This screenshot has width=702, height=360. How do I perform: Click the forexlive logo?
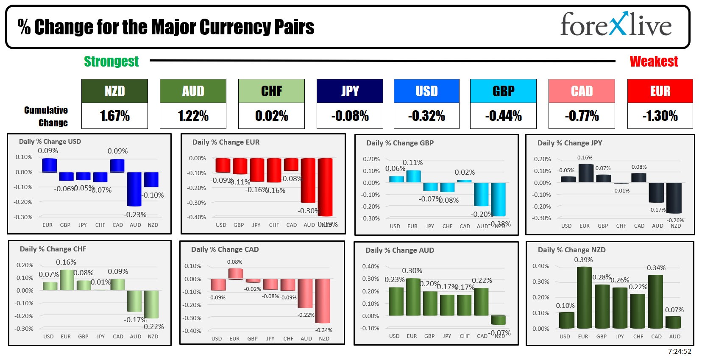click(x=616, y=25)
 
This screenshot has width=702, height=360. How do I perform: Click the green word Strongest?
click(x=111, y=61)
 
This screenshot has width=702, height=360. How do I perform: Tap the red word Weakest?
click(x=654, y=61)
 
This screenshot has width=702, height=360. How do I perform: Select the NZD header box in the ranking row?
click(x=114, y=91)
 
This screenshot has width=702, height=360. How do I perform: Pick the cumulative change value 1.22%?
click(x=193, y=116)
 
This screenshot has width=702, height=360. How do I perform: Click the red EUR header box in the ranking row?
click(x=660, y=91)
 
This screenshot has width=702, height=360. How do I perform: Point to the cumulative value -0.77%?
click(x=582, y=116)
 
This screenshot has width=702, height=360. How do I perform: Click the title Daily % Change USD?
click(x=50, y=142)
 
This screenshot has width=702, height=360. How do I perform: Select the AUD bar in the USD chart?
click(x=134, y=189)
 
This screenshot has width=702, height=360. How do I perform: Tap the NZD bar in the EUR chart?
click(x=325, y=187)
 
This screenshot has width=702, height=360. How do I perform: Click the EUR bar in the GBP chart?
click(x=413, y=176)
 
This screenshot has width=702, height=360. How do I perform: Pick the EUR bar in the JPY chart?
click(x=586, y=173)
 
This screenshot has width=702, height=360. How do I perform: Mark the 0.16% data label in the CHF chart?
click(x=66, y=262)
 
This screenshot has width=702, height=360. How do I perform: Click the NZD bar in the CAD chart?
click(x=323, y=301)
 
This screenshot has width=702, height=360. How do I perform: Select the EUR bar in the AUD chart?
click(x=413, y=297)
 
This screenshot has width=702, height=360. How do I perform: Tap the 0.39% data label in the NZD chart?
click(x=583, y=260)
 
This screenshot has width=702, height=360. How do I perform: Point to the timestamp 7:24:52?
click(x=680, y=352)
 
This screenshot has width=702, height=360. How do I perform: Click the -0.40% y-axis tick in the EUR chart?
click(x=197, y=217)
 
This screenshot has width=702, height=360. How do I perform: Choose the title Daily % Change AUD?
click(x=400, y=250)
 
